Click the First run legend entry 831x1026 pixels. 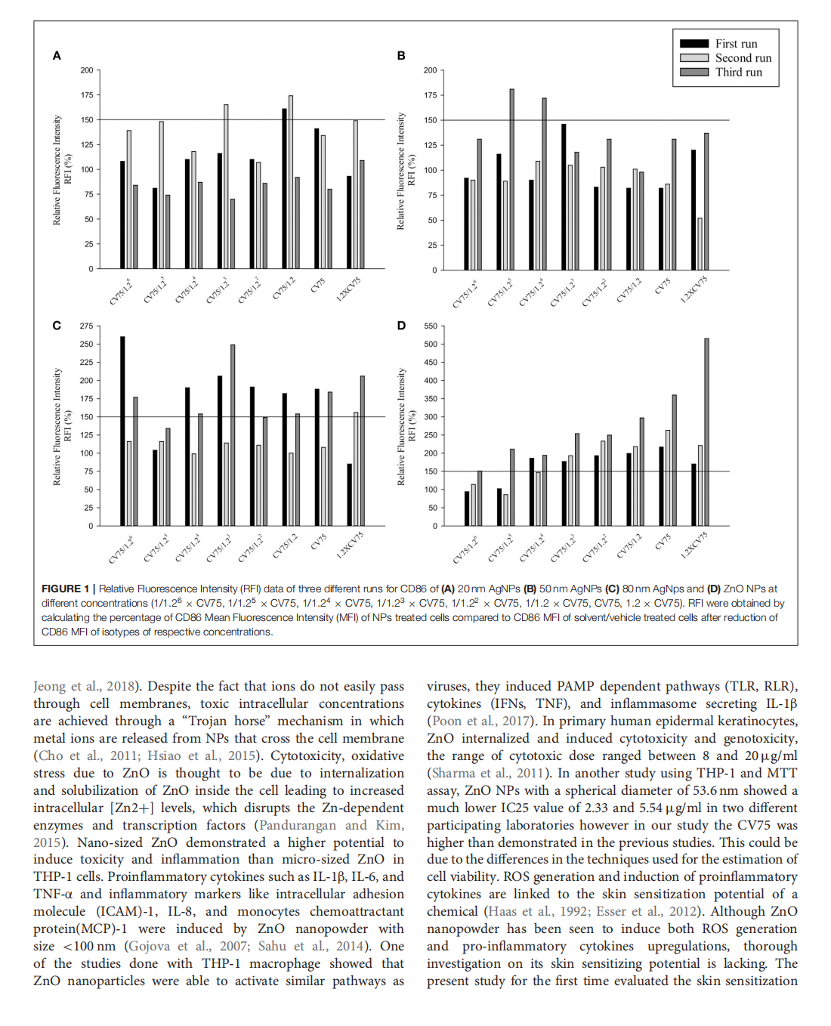point(735,44)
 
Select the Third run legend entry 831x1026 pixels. point(738,72)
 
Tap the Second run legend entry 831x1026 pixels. point(743,58)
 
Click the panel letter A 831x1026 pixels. point(57,55)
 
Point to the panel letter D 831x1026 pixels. point(401,326)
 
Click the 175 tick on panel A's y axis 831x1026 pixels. point(88,95)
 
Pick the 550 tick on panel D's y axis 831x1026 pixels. point(431,326)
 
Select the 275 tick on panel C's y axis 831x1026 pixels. point(87,326)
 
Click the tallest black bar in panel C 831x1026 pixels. point(123,431)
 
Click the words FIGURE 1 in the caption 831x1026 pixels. point(65,589)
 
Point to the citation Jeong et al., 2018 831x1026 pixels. point(85,686)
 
